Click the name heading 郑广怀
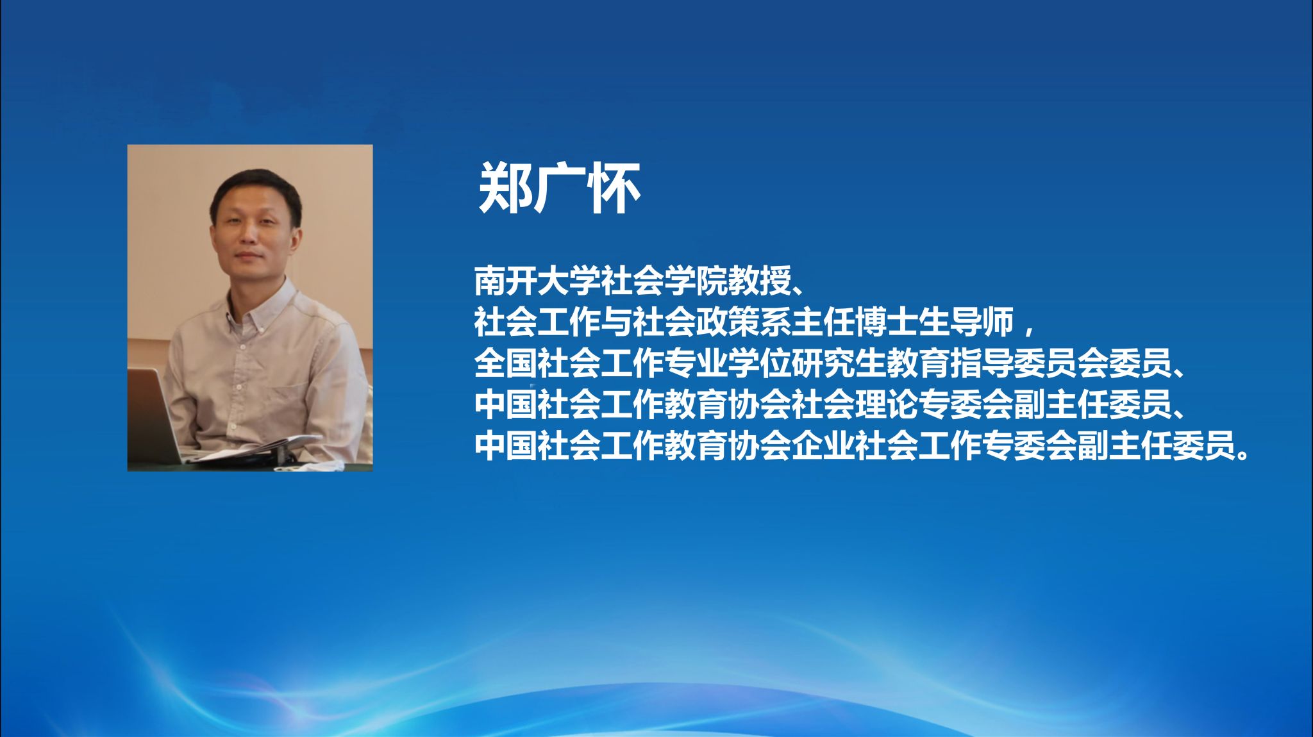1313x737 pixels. point(560,188)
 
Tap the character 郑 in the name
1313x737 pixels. point(505,188)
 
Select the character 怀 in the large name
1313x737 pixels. point(615,188)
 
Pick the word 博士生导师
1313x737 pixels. point(933,322)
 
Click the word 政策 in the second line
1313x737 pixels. point(728,322)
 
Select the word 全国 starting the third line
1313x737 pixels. point(506,363)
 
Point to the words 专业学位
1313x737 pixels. point(728,363)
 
